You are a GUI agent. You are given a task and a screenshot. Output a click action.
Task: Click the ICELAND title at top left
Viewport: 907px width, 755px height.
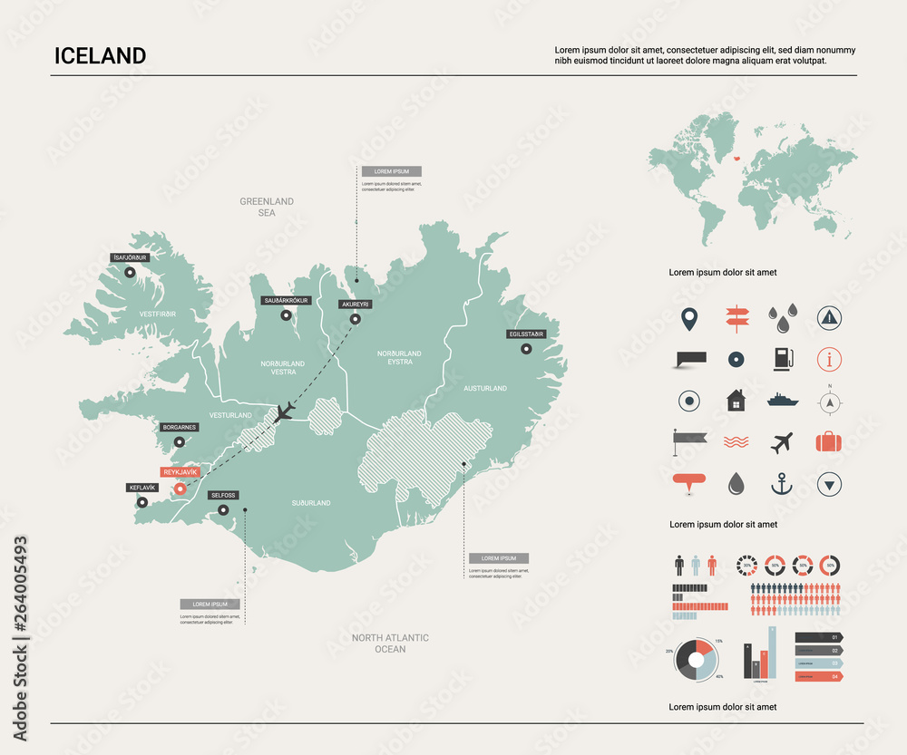(100, 55)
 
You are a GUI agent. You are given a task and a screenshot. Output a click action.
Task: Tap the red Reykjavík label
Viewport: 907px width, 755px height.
(179, 472)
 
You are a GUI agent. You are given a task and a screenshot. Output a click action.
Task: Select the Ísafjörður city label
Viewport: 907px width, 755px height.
(129, 257)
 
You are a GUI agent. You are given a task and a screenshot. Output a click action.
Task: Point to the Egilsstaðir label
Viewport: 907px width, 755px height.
(526, 334)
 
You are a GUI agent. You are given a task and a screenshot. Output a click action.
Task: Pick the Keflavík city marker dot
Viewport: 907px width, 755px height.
(142, 502)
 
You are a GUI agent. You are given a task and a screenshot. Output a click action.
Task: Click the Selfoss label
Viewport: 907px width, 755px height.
(222, 495)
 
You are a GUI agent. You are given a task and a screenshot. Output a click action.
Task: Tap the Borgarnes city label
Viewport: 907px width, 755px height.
(179, 427)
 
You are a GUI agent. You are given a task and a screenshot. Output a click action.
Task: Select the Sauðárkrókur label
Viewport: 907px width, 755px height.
(287, 300)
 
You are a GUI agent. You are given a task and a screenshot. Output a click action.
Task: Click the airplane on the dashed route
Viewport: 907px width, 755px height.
(285, 411)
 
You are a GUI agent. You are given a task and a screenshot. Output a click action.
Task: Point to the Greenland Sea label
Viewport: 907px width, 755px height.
(267, 207)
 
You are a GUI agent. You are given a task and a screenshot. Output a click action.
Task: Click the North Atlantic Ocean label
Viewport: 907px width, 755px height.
(390, 644)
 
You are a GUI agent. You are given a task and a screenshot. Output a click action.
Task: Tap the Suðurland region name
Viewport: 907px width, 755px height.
(311, 502)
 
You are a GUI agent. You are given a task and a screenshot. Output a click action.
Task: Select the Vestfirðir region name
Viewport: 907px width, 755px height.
(157, 314)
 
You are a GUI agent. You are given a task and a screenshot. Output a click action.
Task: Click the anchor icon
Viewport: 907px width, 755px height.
(782, 484)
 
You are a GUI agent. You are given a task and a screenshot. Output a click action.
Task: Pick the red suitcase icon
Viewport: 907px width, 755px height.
(829, 442)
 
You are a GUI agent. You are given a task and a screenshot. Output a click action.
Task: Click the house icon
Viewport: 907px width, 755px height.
(736, 400)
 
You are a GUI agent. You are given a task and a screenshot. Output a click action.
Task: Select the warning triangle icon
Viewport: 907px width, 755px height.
(829, 316)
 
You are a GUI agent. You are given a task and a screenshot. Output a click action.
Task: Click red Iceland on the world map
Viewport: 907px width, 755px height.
(737, 156)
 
